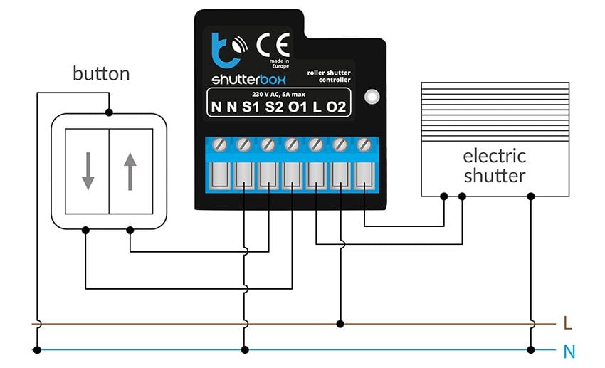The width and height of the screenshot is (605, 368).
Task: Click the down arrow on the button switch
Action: click(87, 172)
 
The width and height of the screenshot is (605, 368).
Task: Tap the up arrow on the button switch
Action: click(130, 172)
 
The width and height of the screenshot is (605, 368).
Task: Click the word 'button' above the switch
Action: click(101, 74)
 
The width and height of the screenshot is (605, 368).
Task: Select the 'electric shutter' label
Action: click(495, 165)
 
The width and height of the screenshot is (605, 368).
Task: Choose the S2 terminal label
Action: click(274, 108)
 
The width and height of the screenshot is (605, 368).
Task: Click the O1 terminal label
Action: click(298, 108)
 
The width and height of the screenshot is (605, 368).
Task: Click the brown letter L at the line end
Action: click(567, 324)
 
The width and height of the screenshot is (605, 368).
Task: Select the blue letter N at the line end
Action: click(568, 351)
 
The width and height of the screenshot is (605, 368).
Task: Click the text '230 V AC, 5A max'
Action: click(278, 94)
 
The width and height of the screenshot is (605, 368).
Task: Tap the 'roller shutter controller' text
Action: click(329, 76)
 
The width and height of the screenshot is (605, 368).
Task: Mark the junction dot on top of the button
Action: click(108, 112)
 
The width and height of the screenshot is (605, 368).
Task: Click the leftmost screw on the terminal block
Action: click(219, 144)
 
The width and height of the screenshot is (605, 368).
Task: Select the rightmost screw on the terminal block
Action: click(364, 144)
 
